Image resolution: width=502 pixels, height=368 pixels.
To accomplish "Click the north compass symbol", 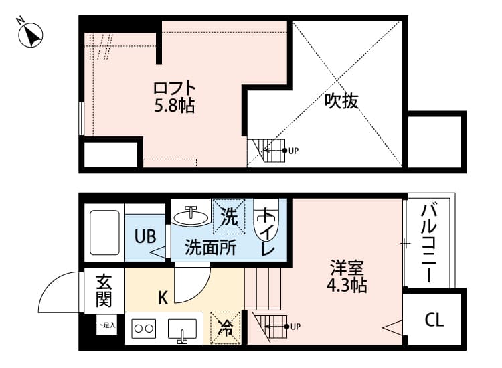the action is click(30, 35).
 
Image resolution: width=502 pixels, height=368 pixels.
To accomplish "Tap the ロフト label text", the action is click(175, 88).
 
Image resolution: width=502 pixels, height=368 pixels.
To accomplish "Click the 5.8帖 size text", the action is click(175, 105).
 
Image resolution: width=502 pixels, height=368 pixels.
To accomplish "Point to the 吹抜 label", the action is click(341, 101).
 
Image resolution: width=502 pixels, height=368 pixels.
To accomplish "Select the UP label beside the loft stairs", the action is click(293, 151).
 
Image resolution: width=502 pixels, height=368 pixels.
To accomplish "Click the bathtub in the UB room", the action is click(104, 232).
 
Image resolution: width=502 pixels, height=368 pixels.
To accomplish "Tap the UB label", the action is click(145, 237).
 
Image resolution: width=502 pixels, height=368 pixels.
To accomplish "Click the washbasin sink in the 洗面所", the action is click(191, 215).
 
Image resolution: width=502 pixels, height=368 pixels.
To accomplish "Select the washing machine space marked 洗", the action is click(229, 216).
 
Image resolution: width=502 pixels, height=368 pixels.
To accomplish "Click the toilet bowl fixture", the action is click(266, 220).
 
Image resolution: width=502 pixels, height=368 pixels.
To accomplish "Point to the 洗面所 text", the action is click(211, 248).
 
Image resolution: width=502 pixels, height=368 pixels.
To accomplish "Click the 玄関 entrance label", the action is click(104, 290).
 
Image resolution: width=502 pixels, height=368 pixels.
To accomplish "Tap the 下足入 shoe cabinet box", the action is click(106, 325).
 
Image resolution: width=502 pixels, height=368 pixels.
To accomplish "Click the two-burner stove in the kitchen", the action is click(143, 329).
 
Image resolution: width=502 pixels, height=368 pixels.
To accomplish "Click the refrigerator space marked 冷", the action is click(226, 328).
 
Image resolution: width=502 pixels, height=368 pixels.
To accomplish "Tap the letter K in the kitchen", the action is click(163, 298).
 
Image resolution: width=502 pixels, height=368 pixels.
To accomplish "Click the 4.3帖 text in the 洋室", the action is click(347, 285).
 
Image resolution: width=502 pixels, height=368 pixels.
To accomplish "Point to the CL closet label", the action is click(434, 319).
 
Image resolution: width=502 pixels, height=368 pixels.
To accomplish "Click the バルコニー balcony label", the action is click(428, 243).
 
